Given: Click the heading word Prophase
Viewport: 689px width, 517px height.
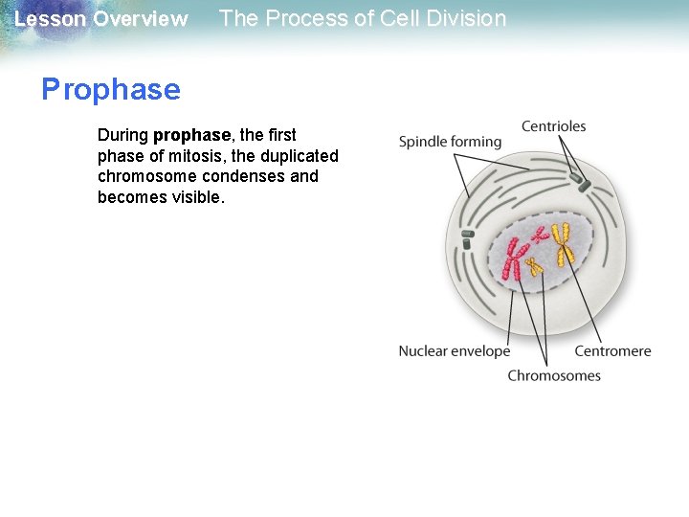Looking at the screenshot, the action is (111, 90).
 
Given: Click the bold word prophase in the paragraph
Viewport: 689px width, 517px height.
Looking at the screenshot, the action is (191, 135).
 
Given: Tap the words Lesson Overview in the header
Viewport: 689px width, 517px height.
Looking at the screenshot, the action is (101, 19).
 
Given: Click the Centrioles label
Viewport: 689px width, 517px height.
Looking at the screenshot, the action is (553, 126).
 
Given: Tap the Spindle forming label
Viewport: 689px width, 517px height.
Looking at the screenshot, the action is (450, 142).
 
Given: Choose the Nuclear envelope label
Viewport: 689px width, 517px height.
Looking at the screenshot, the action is (455, 351).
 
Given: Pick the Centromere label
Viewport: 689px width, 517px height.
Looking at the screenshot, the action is (612, 351).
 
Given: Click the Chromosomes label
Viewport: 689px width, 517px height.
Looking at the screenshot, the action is (554, 375).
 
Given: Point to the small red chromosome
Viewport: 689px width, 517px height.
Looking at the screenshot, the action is (541, 233).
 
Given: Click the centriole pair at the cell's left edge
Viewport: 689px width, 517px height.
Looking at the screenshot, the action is (468, 238).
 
